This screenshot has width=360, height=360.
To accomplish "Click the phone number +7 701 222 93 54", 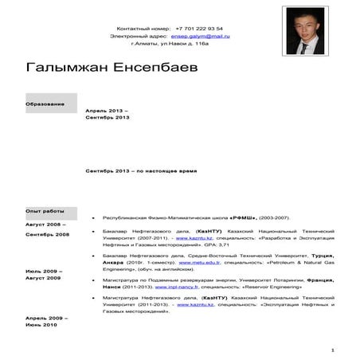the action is (200, 27).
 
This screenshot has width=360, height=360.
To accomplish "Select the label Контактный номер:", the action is (144, 27).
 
